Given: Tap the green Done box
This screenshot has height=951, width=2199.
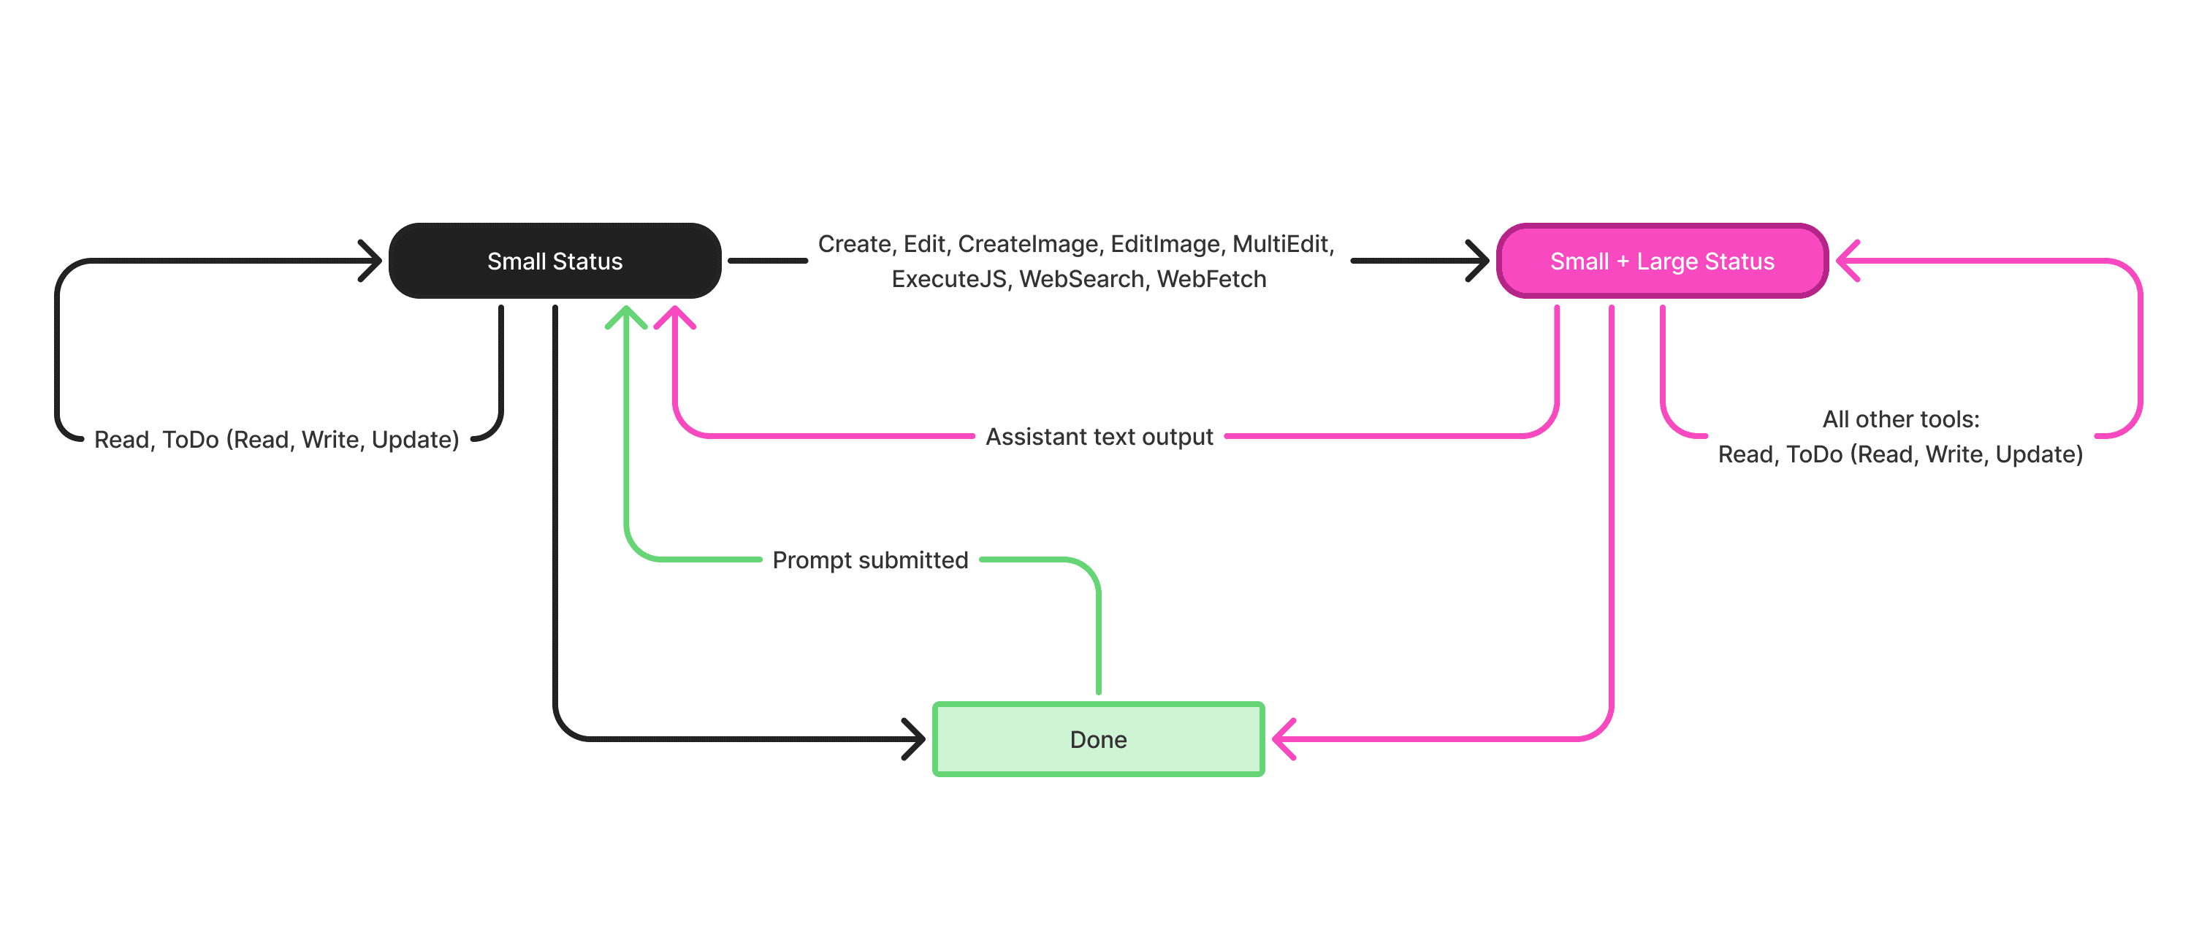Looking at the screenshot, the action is point(1099,739).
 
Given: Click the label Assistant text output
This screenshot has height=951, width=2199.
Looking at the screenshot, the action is point(1099,437).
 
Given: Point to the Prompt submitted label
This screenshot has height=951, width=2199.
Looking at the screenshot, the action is point(871,560).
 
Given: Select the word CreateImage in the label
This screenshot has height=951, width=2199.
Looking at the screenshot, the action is point(1029,244).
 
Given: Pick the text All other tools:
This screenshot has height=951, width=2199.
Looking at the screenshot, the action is point(1901,419).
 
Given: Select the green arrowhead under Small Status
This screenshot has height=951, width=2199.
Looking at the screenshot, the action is point(625,317).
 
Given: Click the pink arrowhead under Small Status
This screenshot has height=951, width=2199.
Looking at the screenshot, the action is point(674,317).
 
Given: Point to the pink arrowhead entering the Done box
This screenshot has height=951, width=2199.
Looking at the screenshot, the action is point(1284,739).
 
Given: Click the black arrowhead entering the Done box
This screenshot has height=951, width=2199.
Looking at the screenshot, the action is point(914,739).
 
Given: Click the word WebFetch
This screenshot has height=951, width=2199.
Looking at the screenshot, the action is point(1211,279).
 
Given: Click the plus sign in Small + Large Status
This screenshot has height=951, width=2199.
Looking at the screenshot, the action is point(1623,262).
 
